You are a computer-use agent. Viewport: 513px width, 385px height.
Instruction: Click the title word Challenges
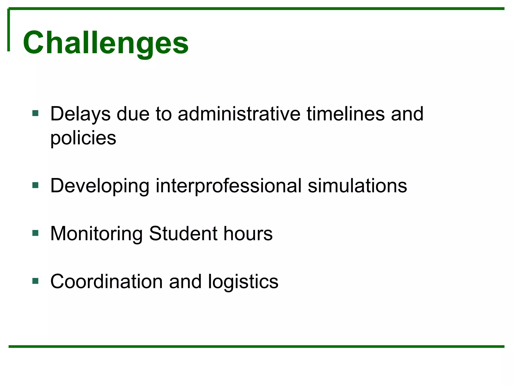pos(105,43)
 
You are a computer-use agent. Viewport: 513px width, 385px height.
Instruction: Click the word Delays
pos(80,114)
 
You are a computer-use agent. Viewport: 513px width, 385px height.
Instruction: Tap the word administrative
pos(239,114)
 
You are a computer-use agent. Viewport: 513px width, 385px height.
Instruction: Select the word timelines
pos(346,114)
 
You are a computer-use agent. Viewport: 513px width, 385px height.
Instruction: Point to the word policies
pos(83,138)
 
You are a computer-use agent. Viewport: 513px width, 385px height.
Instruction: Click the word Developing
pos(100,186)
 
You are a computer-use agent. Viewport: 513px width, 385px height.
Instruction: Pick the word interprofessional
pos(228,186)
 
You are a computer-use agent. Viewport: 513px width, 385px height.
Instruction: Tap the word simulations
pos(357,186)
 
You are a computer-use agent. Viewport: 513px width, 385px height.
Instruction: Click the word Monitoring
pos(96,234)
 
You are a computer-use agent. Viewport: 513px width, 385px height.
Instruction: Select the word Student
pos(183,234)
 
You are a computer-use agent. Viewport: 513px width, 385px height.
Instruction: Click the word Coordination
pos(106,281)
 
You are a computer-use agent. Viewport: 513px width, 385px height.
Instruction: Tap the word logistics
pos(243,281)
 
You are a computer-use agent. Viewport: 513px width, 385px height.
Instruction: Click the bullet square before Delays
pos(35,113)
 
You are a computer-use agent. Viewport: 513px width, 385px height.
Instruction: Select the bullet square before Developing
pos(35,185)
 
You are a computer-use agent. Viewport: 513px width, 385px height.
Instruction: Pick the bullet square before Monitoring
pos(35,233)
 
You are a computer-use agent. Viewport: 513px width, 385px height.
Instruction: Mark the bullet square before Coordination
pos(35,281)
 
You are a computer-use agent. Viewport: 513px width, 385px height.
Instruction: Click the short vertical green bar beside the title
pos(9,30)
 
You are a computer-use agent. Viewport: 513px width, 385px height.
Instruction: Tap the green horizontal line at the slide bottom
pos(256,346)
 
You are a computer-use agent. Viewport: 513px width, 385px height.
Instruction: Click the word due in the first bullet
pos(133,114)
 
